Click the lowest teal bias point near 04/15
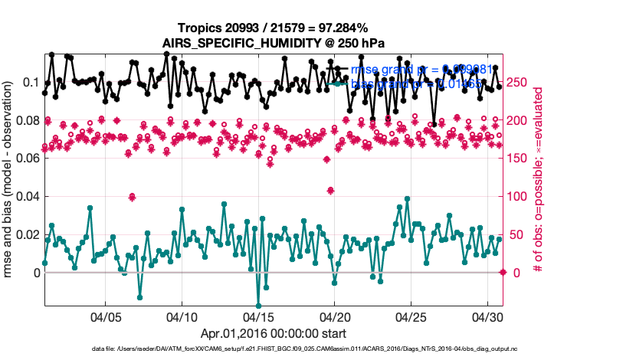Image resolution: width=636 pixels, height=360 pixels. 258,305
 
